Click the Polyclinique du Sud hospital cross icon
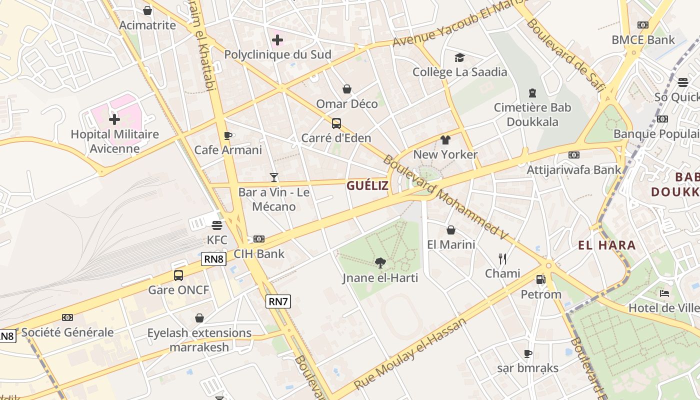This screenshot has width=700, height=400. pyautogui.click(x=277, y=39)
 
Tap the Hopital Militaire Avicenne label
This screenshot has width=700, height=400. pyautogui.click(x=114, y=141)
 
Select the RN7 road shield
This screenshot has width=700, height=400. pyautogui.click(x=278, y=301)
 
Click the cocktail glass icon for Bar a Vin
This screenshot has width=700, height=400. pyautogui.click(x=273, y=177)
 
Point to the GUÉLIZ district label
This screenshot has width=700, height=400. pyautogui.click(x=367, y=185)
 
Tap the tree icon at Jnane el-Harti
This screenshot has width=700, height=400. pyautogui.click(x=380, y=262)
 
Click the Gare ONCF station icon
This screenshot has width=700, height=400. pyautogui.click(x=178, y=275)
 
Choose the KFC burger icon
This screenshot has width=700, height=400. pyautogui.click(x=216, y=225)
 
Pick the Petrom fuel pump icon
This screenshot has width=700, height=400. pyautogui.click(x=540, y=279)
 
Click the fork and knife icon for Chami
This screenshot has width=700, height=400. pyautogui.click(x=502, y=258)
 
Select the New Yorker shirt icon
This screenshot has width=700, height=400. pyautogui.click(x=445, y=139)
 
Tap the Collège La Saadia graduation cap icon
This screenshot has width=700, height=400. pyautogui.click(x=459, y=57)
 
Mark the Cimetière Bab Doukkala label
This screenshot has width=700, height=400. pyautogui.click(x=532, y=114)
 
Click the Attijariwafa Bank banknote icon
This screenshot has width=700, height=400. pyautogui.click(x=574, y=155)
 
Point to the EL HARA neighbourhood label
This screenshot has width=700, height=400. pyautogui.click(x=607, y=245)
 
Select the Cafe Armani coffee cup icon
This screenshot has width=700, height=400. pyautogui.click(x=228, y=135)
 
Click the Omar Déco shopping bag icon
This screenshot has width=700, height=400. pyautogui.click(x=346, y=89)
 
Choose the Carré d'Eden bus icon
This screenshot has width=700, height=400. pyautogui.click(x=336, y=123)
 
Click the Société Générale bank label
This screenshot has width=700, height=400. pyautogui.click(x=67, y=332)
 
